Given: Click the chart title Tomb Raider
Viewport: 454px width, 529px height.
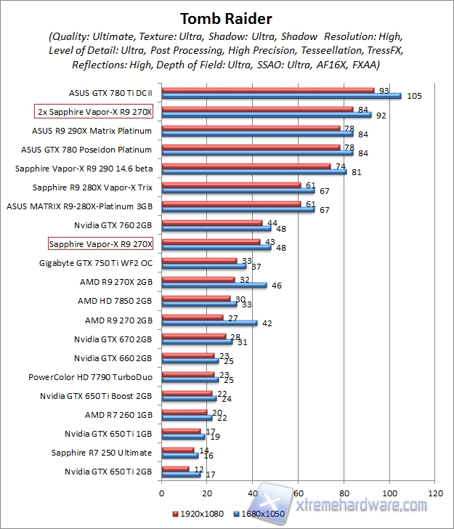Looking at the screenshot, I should pos(227,17).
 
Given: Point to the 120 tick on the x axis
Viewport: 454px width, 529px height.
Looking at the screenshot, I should pos(435,492).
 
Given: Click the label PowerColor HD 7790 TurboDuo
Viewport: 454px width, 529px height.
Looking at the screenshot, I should pos(90,377).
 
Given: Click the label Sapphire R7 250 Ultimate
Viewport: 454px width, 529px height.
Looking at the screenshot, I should pos(102,453).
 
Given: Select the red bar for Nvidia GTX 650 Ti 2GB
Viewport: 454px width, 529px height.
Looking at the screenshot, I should pos(175,469).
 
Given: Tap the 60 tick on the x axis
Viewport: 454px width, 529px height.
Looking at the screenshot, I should pos(299,492).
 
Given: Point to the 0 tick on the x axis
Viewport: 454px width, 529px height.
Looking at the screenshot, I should pos(162,492).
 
